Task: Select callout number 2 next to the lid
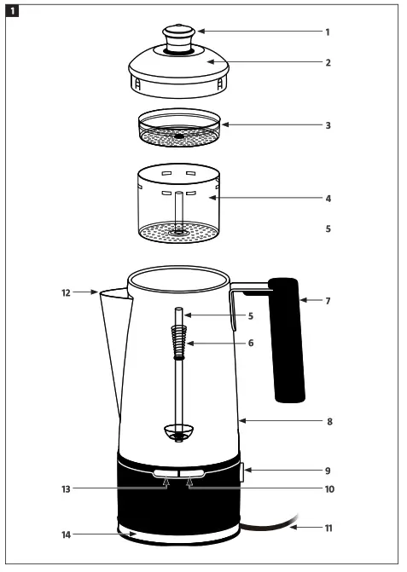click(327, 62)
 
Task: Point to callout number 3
click(327, 124)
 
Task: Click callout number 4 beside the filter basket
click(327, 199)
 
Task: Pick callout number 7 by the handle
click(327, 301)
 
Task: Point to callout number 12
click(65, 292)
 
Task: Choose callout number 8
click(327, 421)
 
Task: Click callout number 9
click(327, 470)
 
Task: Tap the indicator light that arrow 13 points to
click(166, 472)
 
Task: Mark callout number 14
click(65, 534)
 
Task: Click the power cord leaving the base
click(273, 523)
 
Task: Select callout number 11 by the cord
click(327, 528)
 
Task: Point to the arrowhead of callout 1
click(199, 32)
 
